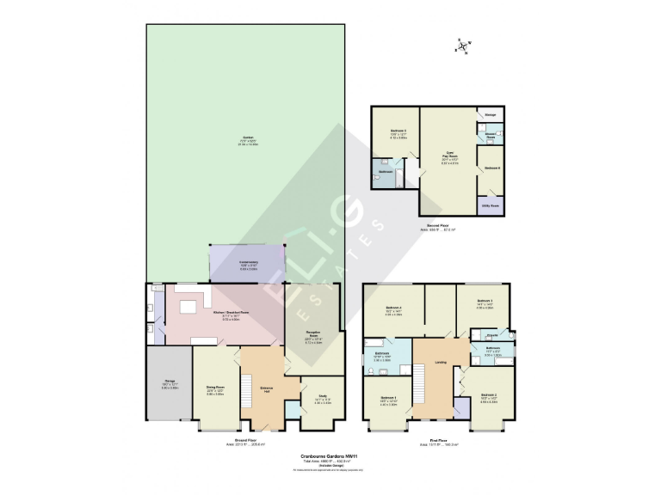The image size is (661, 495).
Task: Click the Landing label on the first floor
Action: tap(440, 362)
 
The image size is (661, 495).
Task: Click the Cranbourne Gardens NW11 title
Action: tap(330, 456)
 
